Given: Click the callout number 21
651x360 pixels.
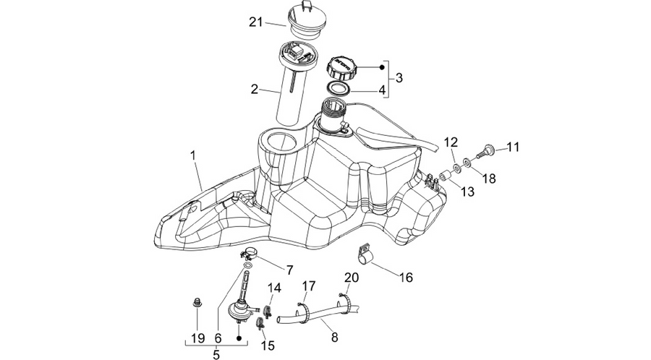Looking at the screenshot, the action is pos(256,22).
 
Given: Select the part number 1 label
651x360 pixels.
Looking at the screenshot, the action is pos(193,155).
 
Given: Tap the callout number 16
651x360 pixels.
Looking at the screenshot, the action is pos(407,277).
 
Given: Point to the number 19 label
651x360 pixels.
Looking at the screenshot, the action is pos(198,338).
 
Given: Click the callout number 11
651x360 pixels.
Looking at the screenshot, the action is pos(513,147).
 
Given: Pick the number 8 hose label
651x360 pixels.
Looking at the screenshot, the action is pos(335,337).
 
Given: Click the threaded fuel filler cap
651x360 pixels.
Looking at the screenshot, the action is pos(341,69).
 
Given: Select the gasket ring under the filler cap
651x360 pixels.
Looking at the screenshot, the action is pos(336,88).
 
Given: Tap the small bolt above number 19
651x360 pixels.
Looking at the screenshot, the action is pos(197,302).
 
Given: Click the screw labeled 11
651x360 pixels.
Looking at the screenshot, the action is pos(484,150).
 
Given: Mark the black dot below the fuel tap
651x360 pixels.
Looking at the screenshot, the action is pos(239,338).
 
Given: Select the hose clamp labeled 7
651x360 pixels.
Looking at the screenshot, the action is pos(250,252).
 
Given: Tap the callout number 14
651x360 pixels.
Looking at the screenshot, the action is pos(274,288).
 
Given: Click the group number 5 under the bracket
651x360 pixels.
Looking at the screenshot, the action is pos(216,354).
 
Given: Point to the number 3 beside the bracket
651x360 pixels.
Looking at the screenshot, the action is pos(399,77).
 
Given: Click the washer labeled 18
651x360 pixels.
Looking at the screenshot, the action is pos(467,162).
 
